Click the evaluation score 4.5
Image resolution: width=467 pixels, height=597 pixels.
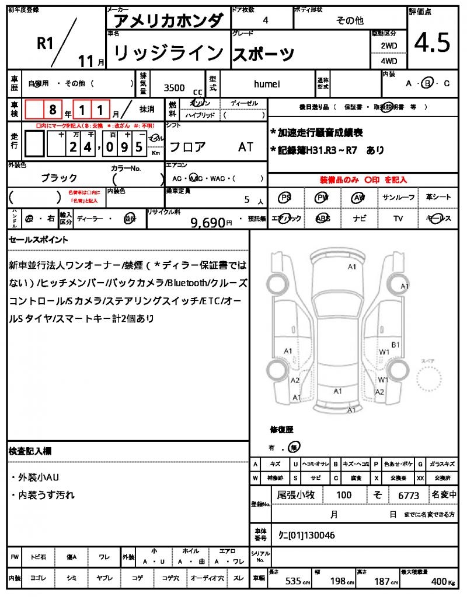pos(432,42)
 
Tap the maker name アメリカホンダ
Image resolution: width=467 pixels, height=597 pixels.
pos(168,20)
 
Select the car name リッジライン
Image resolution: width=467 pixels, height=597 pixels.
pos(168,54)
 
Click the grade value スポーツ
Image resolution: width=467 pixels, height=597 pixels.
pos(263,54)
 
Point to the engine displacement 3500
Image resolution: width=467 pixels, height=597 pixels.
pos(174,88)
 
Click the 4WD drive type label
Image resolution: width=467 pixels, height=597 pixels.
pos(389,61)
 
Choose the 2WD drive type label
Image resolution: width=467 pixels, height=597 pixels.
pos(389,45)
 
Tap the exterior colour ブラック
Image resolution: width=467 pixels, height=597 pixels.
pos(58,178)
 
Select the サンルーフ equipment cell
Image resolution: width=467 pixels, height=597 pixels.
pos(398,198)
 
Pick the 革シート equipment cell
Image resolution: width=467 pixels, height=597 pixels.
pos(438,198)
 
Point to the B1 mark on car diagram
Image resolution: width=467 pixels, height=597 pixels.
pos(395,345)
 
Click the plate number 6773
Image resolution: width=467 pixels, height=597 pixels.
pos(409,496)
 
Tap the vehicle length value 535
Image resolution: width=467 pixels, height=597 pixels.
pos(292,582)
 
